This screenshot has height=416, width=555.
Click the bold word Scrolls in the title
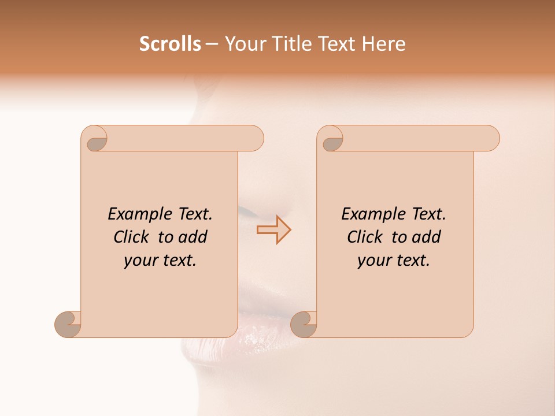click(x=170, y=44)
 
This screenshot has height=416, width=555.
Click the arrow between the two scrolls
click(x=274, y=230)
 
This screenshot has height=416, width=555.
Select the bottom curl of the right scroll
click(x=304, y=324)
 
